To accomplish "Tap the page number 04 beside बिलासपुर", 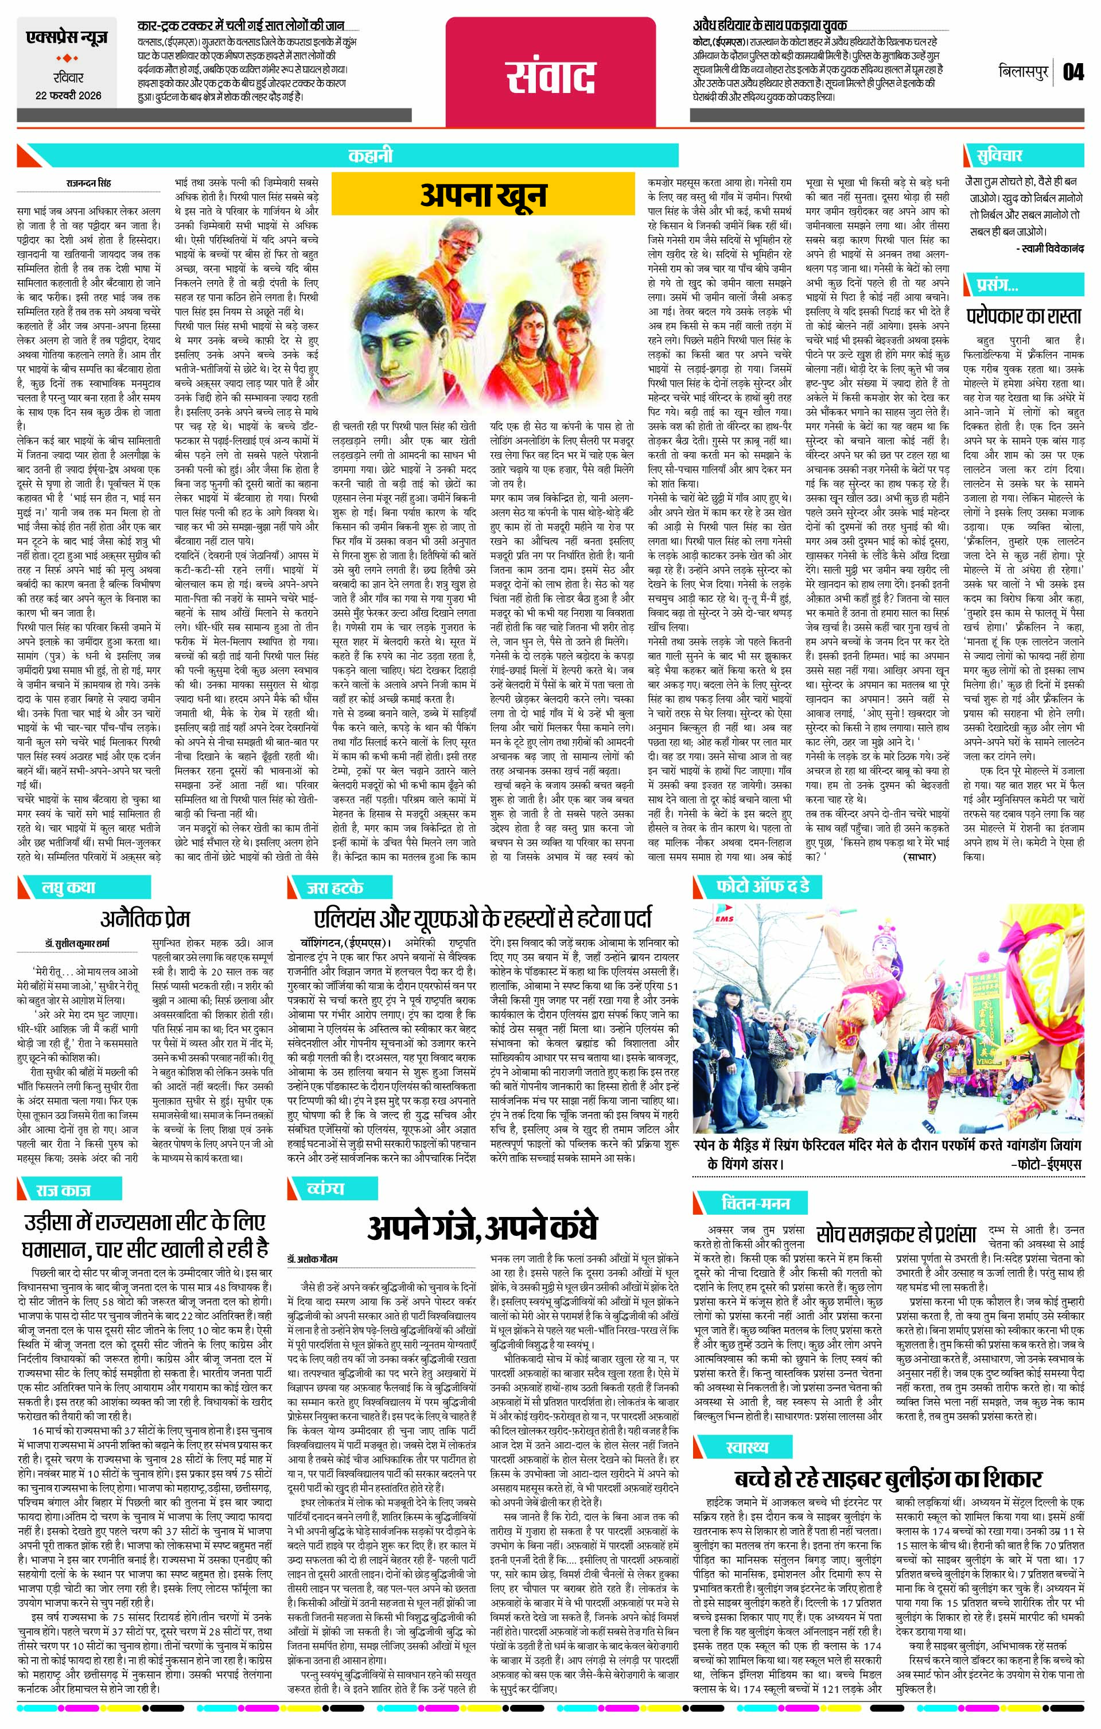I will click(1073, 72).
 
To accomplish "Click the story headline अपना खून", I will click(484, 195).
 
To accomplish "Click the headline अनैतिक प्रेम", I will click(146, 918).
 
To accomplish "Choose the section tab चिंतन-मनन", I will click(755, 1203).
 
